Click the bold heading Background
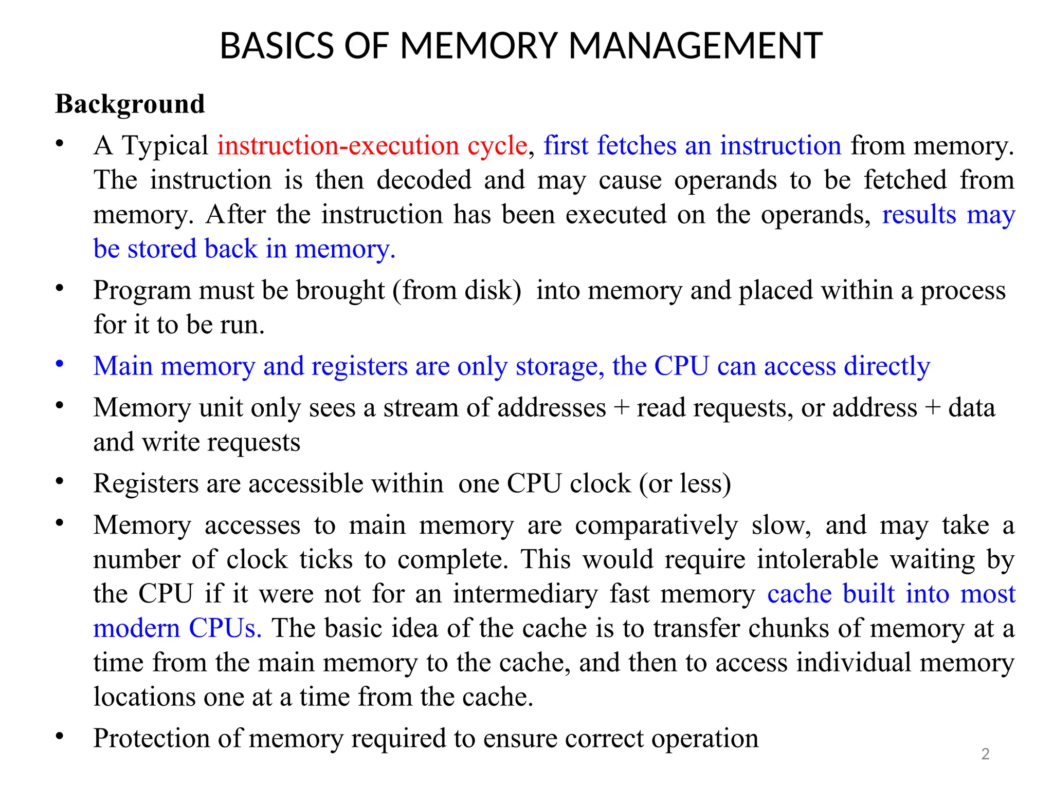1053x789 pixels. coord(130,104)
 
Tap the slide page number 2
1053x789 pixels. coord(985,754)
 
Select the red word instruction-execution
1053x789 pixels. coord(338,146)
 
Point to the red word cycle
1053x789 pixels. coord(497,146)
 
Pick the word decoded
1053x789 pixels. coord(424,180)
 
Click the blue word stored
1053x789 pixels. coord(162,249)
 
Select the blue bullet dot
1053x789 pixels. coord(60,364)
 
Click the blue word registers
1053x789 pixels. coord(359,367)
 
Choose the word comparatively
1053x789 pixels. coord(656,525)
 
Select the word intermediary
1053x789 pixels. coord(525,594)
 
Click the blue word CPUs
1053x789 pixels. coord(225,629)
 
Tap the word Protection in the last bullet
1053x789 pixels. coord(151,739)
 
